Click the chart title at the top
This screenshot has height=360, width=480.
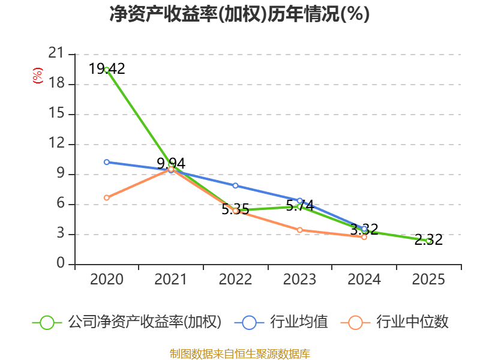click(x=239, y=14)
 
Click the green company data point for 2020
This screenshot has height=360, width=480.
click(x=107, y=70)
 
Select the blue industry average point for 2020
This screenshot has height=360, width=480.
click(x=107, y=162)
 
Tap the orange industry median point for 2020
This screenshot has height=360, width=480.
click(x=107, y=197)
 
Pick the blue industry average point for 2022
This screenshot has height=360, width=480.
click(x=235, y=185)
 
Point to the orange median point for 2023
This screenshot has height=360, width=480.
click(x=299, y=230)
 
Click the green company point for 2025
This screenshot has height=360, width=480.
click(x=428, y=241)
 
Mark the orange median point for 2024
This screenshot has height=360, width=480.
click(x=364, y=237)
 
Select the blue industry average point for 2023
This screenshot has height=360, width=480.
click(x=299, y=200)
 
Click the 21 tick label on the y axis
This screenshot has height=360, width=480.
click(x=56, y=54)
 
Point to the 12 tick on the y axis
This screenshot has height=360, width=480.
click(x=56, y=144)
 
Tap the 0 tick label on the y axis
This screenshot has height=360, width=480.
click(x=60, y=264)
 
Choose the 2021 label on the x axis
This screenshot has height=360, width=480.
click(x=171, y=280)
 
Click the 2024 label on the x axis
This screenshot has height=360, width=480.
click(x=364, y=280)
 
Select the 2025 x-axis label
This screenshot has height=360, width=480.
click(x=428, y=280)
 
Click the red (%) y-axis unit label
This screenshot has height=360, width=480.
click(x=38, y=76)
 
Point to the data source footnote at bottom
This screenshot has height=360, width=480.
click(x=239, y=353)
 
